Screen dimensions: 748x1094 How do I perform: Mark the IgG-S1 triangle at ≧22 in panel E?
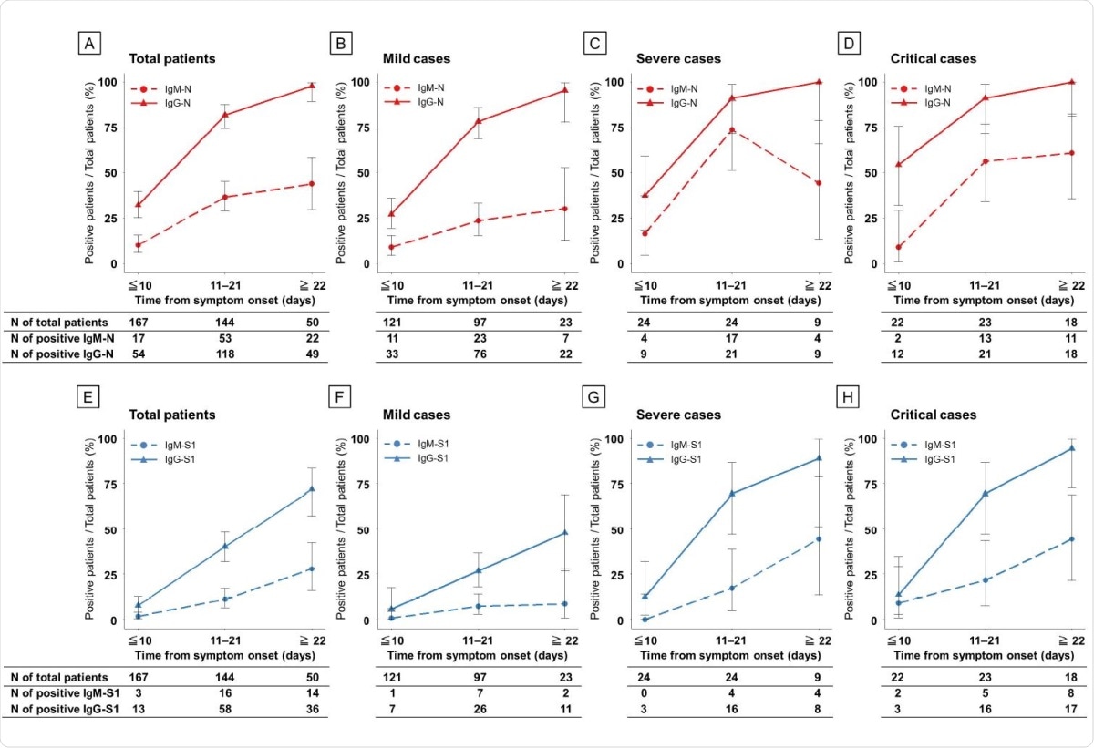click(x=312, y=489)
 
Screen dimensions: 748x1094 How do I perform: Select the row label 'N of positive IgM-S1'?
click(x=63, y=694)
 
